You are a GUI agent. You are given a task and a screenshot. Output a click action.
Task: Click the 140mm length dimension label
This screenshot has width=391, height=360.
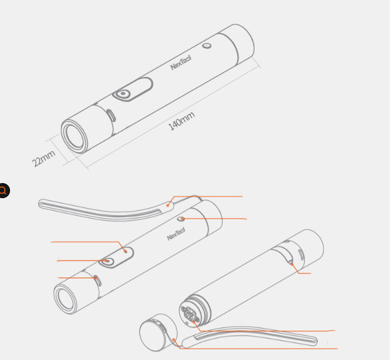[x=182, y=121]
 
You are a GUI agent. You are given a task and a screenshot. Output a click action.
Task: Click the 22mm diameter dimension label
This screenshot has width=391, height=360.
[x=43, y=158]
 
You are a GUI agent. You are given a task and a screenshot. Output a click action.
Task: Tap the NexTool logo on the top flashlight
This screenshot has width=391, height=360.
[x=181, y=62]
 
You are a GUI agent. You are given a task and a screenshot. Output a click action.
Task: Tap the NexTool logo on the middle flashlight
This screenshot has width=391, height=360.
[x=176, y=234]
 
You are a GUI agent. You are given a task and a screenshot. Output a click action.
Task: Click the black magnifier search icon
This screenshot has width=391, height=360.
[x=3, y=191]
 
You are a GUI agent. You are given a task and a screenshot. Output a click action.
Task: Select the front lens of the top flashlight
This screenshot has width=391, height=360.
[x=74, y=136]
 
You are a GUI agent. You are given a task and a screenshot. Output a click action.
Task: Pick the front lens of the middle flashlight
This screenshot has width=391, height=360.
[x=66, y=298]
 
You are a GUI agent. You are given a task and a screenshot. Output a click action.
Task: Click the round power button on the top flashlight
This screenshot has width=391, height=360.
[x=122, y=94]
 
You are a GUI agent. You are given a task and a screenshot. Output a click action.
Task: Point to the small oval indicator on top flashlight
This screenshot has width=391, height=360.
[x=207, y=46]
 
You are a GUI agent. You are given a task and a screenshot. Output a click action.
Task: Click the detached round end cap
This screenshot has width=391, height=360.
[x=158, y=332]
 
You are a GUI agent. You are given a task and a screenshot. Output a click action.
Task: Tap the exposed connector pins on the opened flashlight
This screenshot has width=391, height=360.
[x=189, y=313]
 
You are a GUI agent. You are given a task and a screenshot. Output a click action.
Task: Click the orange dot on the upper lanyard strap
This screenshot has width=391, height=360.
[x=168, y=206]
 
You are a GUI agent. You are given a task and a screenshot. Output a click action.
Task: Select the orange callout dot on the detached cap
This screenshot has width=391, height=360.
[x=174, y=339]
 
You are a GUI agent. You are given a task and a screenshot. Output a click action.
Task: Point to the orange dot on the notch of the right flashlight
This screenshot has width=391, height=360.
[x=292, y=264]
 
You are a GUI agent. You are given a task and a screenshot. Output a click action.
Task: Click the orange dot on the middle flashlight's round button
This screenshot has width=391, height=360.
[x=106, y=261]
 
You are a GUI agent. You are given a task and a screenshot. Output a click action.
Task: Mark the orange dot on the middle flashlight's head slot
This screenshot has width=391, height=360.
[x=96, y=277]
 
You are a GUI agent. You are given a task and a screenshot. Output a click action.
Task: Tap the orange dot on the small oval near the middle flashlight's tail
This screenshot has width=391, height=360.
[x=182, y=219]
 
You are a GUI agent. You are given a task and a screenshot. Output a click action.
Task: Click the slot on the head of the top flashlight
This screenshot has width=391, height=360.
[x=111, y=116]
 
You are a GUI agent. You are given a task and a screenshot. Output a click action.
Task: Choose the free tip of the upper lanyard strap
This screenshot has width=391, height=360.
[x=40, y=204]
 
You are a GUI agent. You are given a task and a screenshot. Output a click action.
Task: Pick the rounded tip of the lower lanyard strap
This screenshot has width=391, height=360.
[x=315, y=341]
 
